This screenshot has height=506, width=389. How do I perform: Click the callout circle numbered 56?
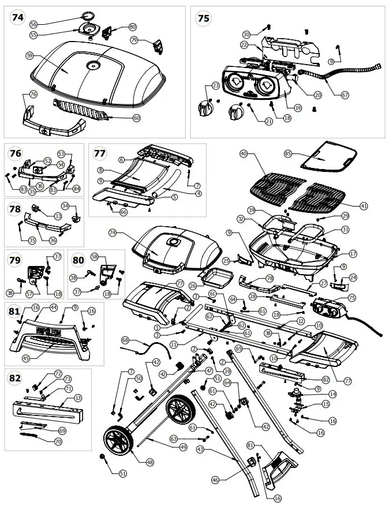tap(33, 24)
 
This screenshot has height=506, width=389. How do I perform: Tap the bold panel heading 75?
tap(203, 18)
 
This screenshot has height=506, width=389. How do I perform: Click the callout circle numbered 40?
tap(243, 154)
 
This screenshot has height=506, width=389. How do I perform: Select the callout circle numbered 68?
tap(125, 340)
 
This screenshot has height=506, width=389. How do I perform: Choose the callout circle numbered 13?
tap(78, 398)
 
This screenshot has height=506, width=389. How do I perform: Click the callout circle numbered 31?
tap(346, 229)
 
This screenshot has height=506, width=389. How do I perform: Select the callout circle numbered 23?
tap(215, 85)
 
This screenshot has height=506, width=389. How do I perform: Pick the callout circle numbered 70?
tap(58, 441)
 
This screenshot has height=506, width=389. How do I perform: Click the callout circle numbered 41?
tap(363, 206)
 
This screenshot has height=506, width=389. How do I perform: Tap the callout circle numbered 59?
tap(29, 55)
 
